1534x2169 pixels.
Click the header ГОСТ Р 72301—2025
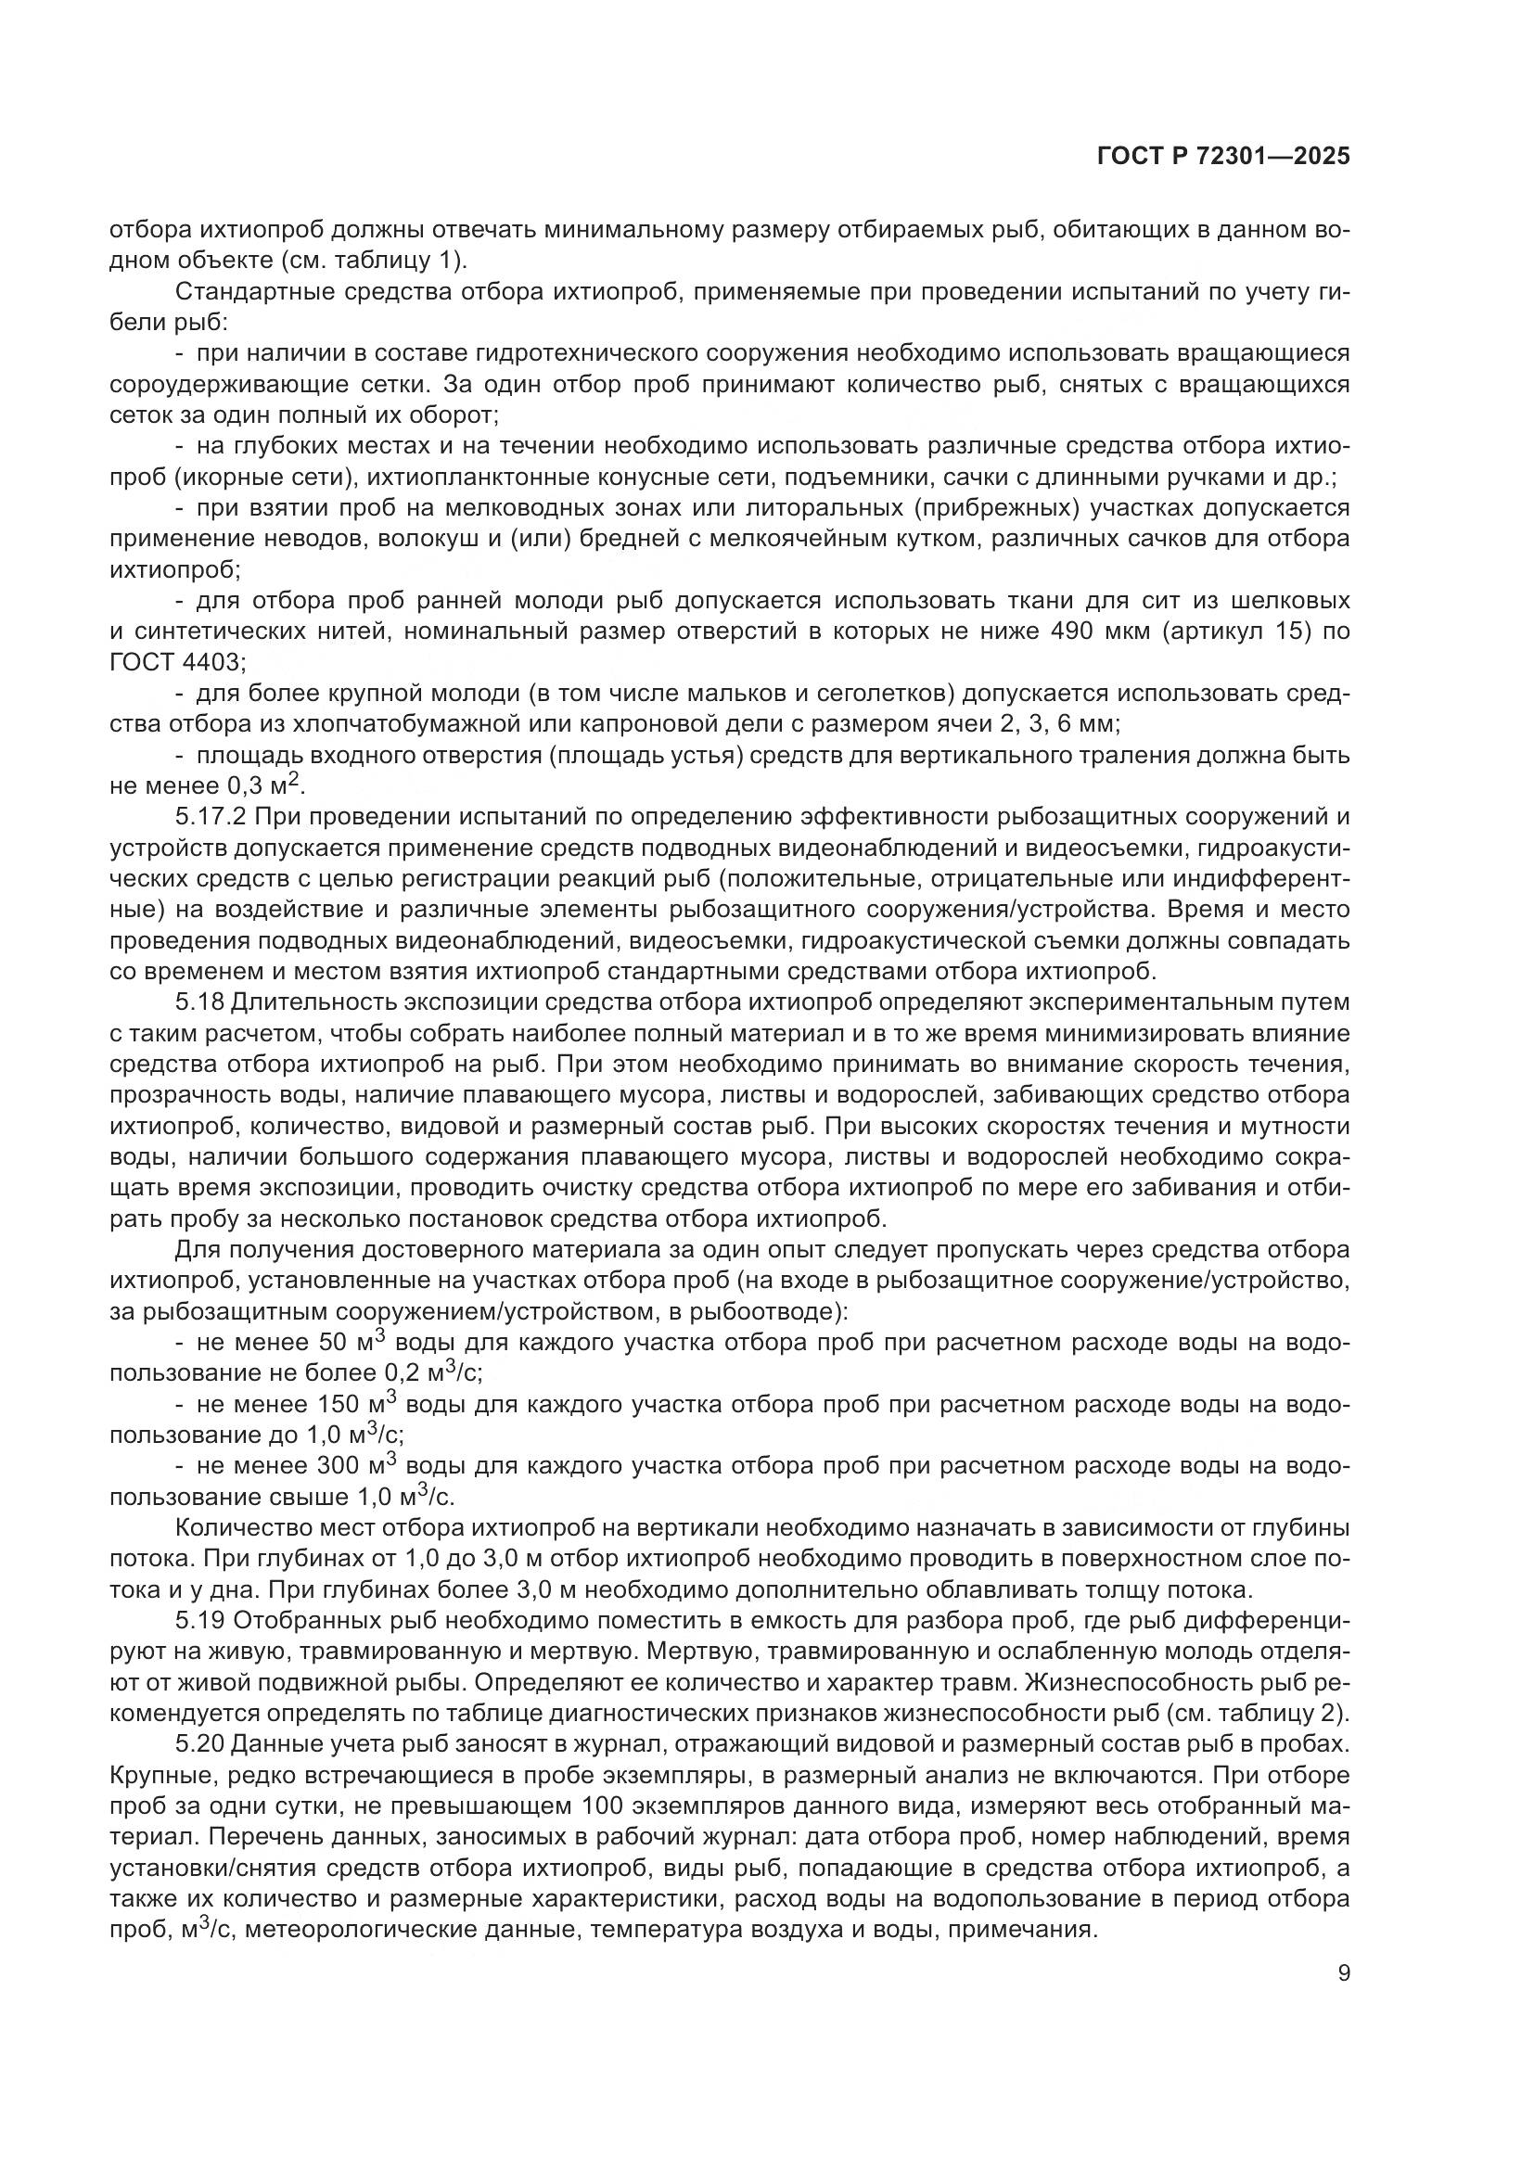(x=1223, y=158)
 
